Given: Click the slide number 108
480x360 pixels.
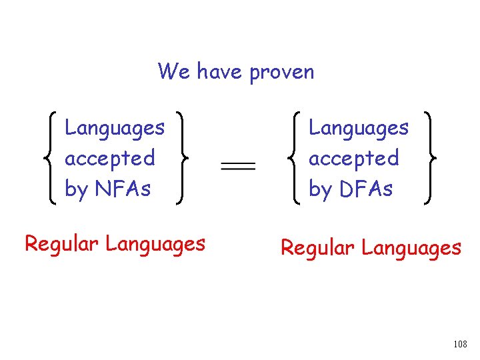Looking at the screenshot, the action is click(459, 344).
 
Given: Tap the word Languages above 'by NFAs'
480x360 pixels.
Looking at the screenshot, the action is click(115, 128).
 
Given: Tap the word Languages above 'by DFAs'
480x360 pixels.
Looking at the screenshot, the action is click(359, 128).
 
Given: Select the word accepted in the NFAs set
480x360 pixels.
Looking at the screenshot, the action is click(109, 159).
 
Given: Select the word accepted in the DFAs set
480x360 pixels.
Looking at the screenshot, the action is click(353, 159).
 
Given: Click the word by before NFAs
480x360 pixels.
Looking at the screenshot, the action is click(76, 190).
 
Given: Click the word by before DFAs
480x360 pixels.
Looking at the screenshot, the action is click(320, 190).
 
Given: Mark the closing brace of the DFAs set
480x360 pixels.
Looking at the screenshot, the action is click(431, 158).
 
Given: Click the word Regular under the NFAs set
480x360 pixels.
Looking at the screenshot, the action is click(63, 244).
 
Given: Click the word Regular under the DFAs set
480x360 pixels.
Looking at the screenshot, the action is click(318, 248).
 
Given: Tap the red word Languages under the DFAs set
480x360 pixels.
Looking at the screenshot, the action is click(411, 249).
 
